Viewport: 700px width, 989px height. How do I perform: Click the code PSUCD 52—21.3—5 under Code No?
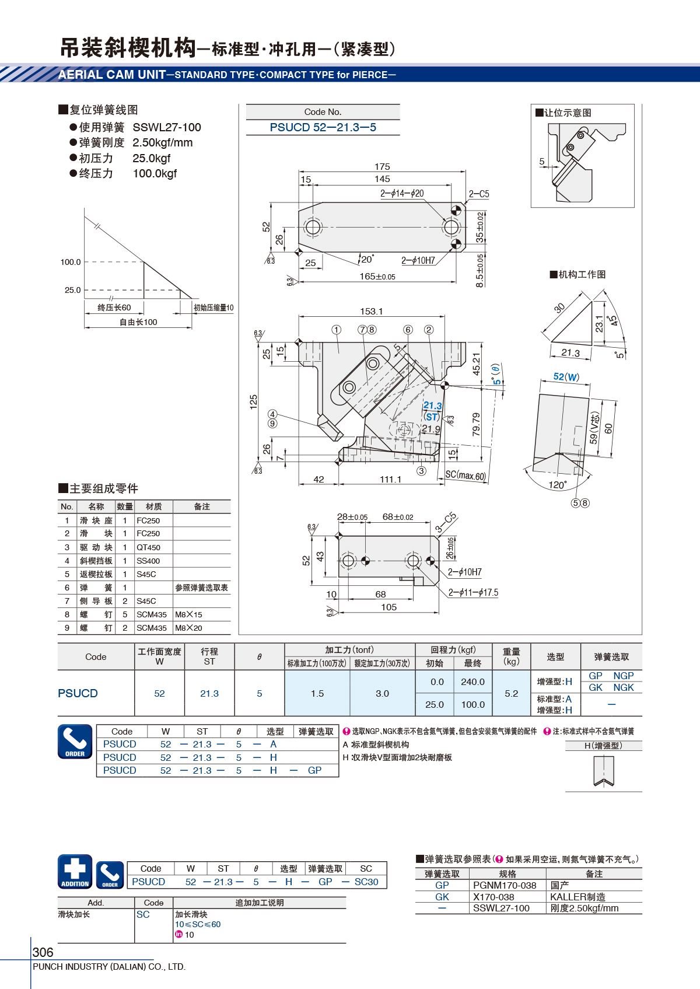coord(323,128)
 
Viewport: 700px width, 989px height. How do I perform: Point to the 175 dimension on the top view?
coord(382,166)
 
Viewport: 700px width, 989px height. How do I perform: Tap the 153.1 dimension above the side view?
coord(371,311)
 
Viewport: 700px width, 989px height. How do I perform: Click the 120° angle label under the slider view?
coord(558,485)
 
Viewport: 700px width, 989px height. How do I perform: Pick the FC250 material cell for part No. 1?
coord(148,520)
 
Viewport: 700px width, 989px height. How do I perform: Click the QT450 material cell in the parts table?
coord(148,547)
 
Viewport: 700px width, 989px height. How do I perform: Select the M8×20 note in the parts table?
coord(188,628)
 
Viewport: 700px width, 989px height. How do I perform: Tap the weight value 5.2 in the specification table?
coord(511,694)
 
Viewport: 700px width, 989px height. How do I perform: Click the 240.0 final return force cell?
coord(473,682)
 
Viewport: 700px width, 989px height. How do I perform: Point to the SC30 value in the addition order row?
coord(366,882)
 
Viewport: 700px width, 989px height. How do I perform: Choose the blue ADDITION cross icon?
coord(75,872)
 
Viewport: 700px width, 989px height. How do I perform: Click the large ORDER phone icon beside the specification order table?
coord(75,742)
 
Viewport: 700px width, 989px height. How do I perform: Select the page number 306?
coord(43,952)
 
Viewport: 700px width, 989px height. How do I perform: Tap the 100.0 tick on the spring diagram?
coord(71,262)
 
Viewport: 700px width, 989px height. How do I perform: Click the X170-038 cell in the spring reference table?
coord(494,897)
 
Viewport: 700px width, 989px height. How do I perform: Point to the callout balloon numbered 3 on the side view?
coord(422,471)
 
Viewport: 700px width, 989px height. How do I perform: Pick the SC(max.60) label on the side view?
coord(465,475)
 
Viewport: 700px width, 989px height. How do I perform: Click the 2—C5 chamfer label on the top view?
coord(479,194)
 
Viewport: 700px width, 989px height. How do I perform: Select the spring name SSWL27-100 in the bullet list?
coord(167,128)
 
